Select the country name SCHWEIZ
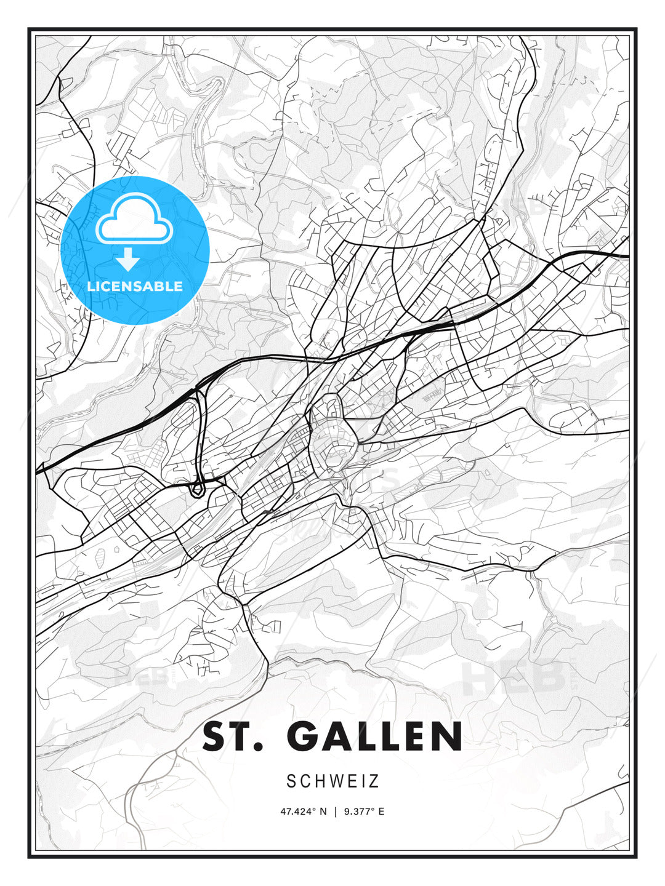click(x=332, y=781)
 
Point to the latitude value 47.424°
click(x=299, y=812)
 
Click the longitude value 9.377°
click(x=360, y=812)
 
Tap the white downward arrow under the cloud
click(x=128, y=260)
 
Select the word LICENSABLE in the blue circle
click(x=135, y=286)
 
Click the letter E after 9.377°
click(x=381, y=812)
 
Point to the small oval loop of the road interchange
click(x=197, y=490)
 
